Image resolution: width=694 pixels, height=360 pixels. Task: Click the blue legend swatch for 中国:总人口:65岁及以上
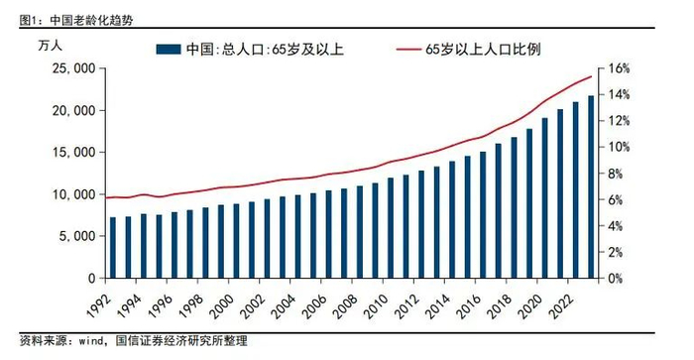166,50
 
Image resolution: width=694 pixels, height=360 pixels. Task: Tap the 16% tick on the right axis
619,68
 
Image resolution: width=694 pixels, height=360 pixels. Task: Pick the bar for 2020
544,197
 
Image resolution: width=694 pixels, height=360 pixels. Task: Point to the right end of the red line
592,76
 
